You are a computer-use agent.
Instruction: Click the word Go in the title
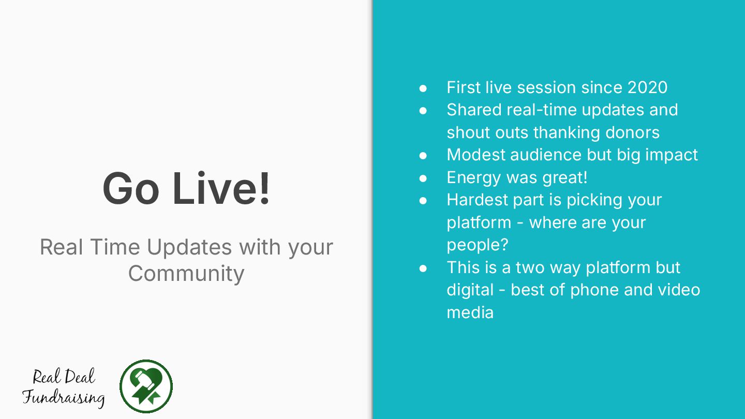pos(131,188)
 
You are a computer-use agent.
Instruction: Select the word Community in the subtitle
pos(186,273)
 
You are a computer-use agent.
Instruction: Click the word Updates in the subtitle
pos(189,248)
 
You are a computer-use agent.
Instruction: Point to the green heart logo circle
pos(146,386)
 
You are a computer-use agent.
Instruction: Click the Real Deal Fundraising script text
pos(64,387)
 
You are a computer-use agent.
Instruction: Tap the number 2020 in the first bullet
pos(647,87)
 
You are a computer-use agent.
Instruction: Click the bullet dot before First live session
pos(423,88)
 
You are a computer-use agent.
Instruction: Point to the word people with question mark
pos(478,246)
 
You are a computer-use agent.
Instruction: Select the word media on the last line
pos(470,312)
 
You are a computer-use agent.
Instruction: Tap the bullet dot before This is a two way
pos(423,268)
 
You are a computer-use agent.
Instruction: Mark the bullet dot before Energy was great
pos(423,178)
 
